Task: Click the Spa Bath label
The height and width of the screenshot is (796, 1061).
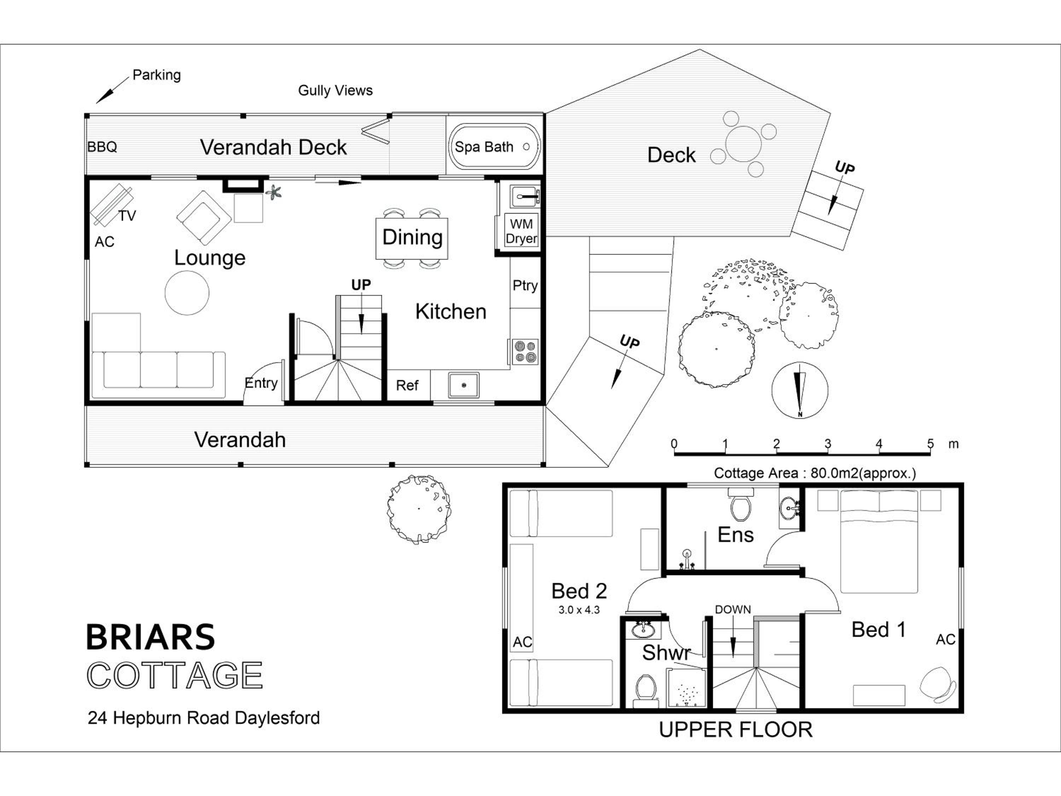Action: point(483,147)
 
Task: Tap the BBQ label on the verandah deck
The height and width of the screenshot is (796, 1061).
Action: point(102,147)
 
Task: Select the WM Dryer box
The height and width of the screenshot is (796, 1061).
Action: point(521,231)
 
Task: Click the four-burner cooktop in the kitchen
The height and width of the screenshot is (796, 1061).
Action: point(525,352)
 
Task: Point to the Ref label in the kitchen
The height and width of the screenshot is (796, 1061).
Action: point(407,385)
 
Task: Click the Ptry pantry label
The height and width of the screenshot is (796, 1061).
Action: point(525,286)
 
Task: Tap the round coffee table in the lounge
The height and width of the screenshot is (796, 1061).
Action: point(187,293)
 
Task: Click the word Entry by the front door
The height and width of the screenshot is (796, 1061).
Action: point(261,383)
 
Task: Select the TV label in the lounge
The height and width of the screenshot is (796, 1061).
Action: point(127,216)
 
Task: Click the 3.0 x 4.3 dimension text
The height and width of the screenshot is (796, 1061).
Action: point(579,610)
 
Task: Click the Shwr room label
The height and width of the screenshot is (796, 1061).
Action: point(666,652)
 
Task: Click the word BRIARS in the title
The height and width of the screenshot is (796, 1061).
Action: point(151,637)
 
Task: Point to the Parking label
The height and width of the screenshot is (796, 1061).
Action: point(156,75)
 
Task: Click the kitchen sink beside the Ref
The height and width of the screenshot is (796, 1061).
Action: point(464,385)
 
